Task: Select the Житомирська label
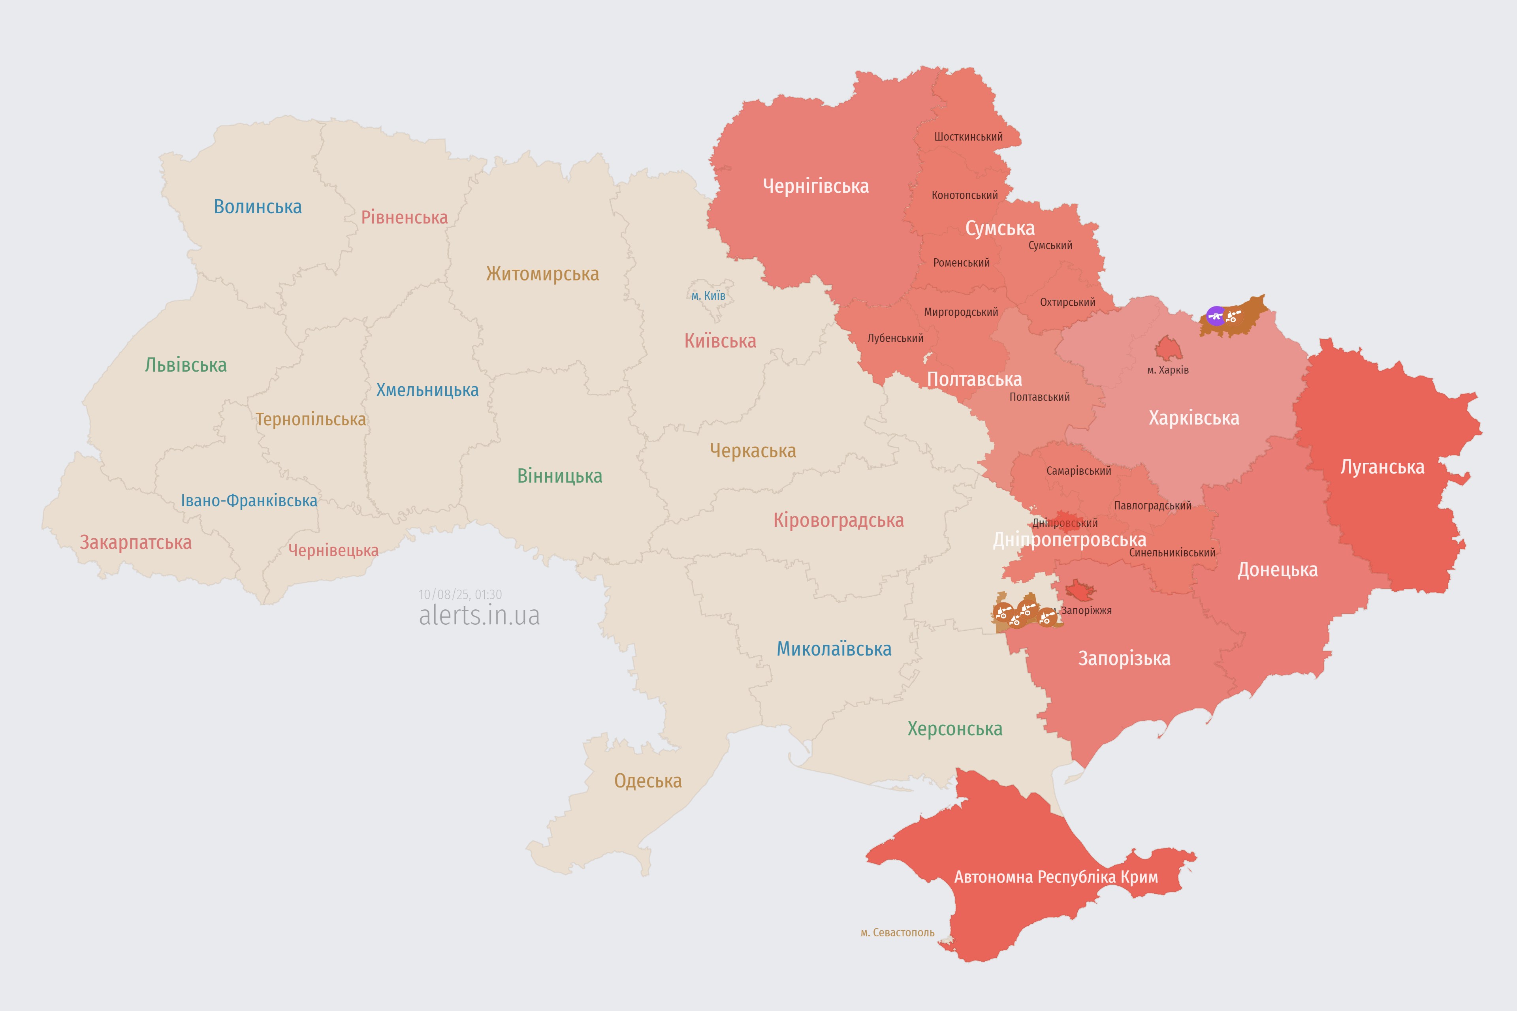pos(542,274)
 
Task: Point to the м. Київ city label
pos(708,296)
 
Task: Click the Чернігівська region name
pos(815,186)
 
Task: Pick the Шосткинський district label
pos(968,137)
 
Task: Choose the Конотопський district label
pos(964,195)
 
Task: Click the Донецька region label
pos(1277,570)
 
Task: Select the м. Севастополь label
pos(897,932)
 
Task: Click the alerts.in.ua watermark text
pos(479,616)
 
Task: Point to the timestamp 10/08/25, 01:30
pos(460,594)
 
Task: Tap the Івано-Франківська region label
pos(249,501)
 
